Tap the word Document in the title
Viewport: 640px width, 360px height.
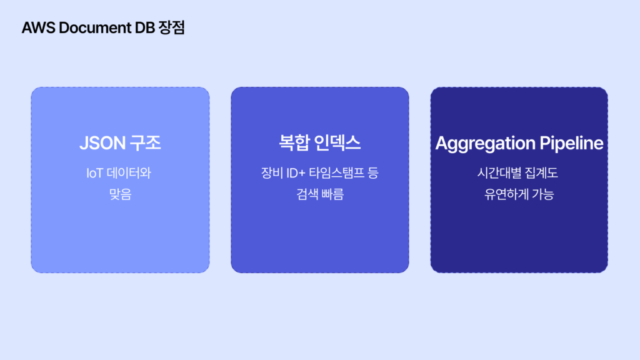tap(95, 27)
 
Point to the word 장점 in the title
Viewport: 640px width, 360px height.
tap(172, 27)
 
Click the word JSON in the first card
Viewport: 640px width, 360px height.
tap(102, 143)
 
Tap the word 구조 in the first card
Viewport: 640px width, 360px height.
tap(145, 143)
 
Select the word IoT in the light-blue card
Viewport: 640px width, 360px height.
tap(95, 173)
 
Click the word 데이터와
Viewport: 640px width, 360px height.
tap(129, 173)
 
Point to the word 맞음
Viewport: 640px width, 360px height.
tap(121, 194)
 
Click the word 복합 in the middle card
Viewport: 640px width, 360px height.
tap(294, 143)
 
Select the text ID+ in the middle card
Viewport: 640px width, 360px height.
tap(296, 173)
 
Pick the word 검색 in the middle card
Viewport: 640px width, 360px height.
tap(307, 194)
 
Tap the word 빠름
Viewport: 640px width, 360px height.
tap(332, 194)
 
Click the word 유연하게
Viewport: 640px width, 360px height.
tap(506, 194)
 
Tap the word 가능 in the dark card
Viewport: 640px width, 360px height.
tap(543, 194)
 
